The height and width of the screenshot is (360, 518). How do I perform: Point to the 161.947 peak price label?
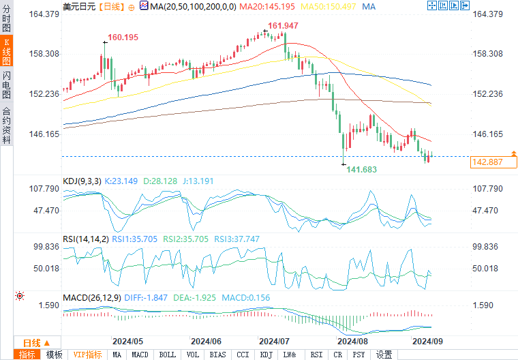coord(283,26)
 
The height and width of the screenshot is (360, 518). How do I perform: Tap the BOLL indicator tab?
coord(166,355)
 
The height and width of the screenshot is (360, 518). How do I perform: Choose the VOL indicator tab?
coord(193,355)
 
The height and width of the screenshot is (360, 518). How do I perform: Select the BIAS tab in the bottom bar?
coord(218,355)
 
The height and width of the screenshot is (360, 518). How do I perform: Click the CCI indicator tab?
coord(243,355)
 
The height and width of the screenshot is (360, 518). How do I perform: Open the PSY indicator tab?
coord(359,355)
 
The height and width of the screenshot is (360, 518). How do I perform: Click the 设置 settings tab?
coord(384,355)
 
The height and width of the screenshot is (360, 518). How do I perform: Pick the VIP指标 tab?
coord(87,355)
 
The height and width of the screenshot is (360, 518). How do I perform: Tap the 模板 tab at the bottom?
coord(54,355)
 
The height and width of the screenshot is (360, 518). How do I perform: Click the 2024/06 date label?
coord(206,341)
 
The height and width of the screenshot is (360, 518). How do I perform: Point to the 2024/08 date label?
coord(352,341)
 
